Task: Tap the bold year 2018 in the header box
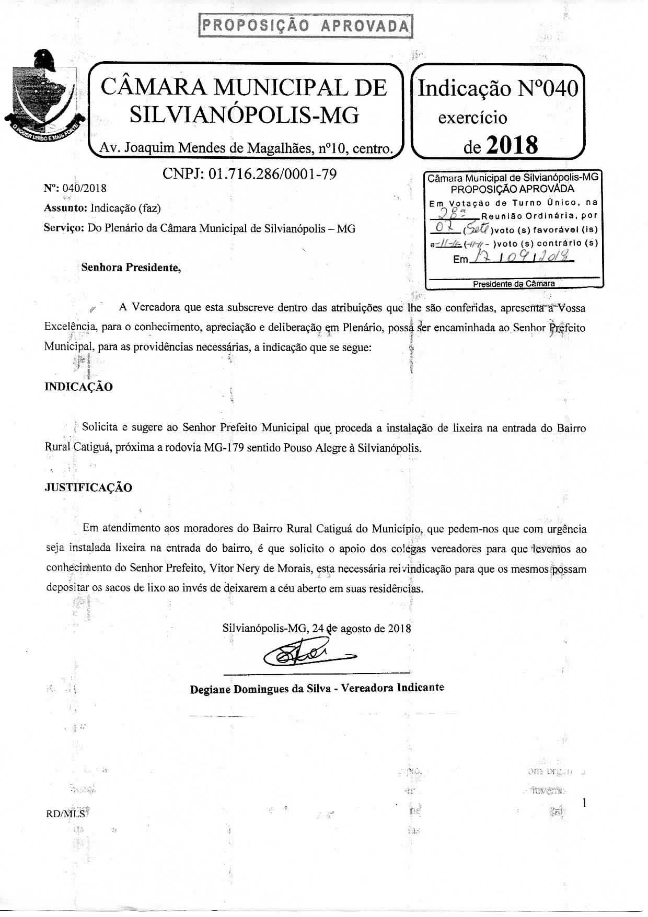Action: tap(512, 145)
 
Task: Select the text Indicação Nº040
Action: tap(498, 89)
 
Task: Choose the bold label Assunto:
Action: tap(66, 208)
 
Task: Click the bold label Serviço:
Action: tap(64, 228)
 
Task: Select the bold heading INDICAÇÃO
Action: tap(78, 387)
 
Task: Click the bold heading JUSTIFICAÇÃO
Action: tap(88, 487)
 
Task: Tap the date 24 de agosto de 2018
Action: tap(362, 628)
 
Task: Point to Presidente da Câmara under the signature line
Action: tap(514, 284)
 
